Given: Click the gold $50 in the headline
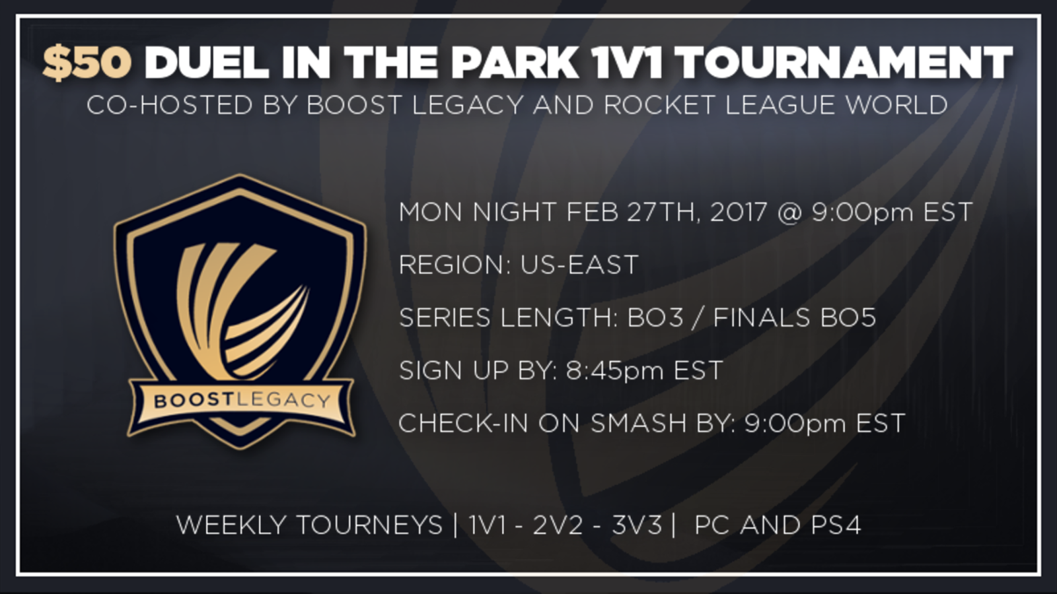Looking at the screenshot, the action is tap(87, 63).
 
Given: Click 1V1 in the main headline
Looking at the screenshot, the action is tap(627, 63).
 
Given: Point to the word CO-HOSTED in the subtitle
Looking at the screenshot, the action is tap(170, 105).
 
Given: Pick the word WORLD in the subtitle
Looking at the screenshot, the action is tap(896, 105).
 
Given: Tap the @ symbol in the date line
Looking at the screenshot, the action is tap(790, 212).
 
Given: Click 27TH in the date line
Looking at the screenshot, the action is tap(663, 212).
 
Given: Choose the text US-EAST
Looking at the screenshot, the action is tap(579, 265).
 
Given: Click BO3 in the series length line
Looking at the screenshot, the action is tap(655, 317).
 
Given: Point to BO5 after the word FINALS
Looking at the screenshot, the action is tap(848, 317).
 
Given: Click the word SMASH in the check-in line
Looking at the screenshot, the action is tap(638, 423).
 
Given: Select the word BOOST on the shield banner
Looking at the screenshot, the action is tap(194, 401).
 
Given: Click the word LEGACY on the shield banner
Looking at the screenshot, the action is tap(283, 401).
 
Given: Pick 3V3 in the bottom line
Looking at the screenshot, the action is tap(637, 525).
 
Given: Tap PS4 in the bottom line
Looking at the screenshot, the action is tap(836, 525).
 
